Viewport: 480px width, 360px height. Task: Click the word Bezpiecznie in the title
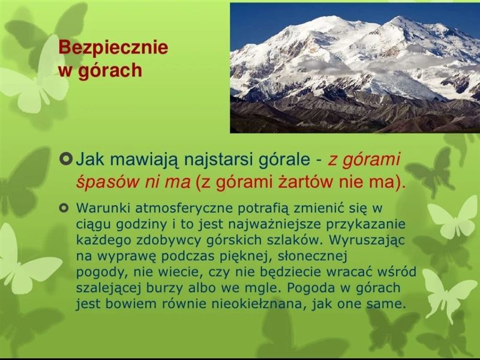click(113, 48)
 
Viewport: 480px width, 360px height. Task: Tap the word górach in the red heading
click(110, 71)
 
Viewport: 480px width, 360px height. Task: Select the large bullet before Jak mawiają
click(66, 159)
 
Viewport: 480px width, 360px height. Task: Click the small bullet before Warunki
click(64, 208)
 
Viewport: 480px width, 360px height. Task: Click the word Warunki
click(103, 208)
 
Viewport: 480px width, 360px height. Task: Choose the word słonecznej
click(312, 257)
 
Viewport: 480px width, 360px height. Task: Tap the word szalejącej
click(109, 289)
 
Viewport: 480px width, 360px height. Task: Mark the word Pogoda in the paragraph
click(311, 289)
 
